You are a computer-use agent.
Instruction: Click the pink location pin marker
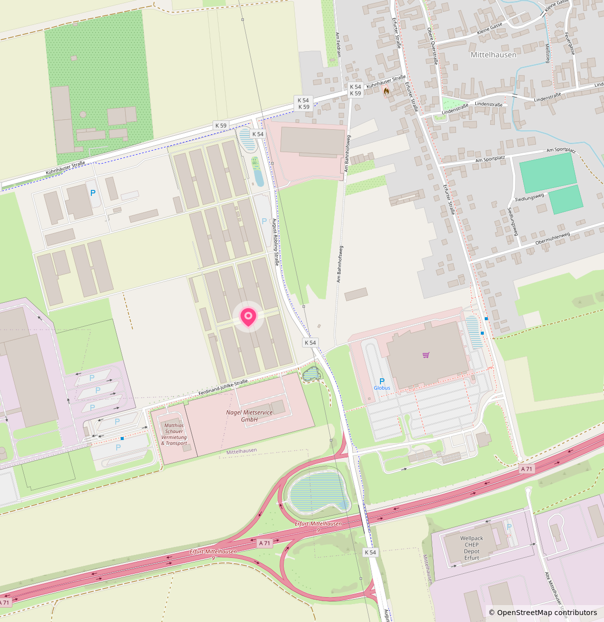click(x=248, y=316)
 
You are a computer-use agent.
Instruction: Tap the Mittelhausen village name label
click(x=493, y=55)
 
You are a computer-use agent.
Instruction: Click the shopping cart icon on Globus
click(x=426, y=355)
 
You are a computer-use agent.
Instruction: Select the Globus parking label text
click(x=382, y=388)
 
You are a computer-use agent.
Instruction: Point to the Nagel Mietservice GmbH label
click(x=249, y=416)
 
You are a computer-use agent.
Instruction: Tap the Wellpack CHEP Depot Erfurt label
click(x=471, y=548)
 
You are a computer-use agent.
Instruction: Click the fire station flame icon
click(x=386, y=91)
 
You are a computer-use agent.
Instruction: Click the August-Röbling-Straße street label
click(x=275, y=242)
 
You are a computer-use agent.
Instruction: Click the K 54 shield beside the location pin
click(x=310, y=343)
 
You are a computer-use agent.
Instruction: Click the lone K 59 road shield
click(x=221, y=126)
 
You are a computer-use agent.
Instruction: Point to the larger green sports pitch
click(x=547, y=173)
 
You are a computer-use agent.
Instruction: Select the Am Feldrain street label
click(x=338, y=44)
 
